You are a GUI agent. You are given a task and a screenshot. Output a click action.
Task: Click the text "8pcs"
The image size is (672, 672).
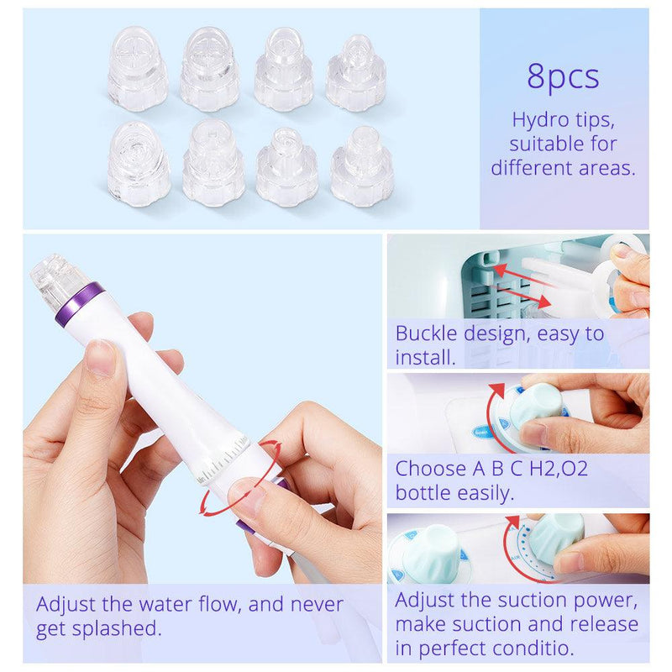[563, 76]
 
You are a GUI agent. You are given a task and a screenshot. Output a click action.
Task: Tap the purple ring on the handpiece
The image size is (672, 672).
[80, 304]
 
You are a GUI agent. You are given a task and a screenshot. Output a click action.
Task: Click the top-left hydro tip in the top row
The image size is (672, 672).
[137, 68]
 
